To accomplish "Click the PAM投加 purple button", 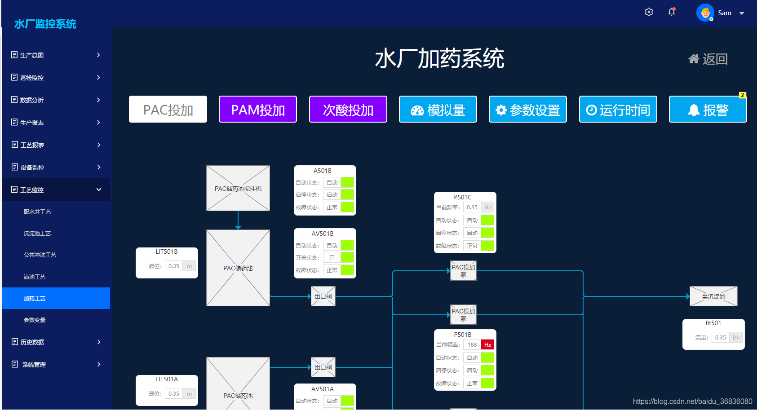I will pos(258,109).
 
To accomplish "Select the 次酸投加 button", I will pos(348,109).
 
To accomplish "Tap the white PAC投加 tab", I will pos(168,109).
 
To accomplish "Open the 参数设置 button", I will pos(527,109).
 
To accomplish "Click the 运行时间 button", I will pos(618,109).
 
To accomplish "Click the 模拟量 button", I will pos(438,109).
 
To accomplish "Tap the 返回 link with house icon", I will pos(708,59).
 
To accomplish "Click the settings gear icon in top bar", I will pos(649,12).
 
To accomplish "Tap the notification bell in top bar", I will pos(672,12).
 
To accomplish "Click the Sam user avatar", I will pos(705,13).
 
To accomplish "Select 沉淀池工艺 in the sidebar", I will pos(37,234).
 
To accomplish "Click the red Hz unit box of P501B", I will pos(487,345).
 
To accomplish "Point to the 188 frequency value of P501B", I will pos(472,345).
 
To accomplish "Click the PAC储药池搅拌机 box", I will pos(238,188).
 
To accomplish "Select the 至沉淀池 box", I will pos(713,296).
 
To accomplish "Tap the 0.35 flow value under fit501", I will pos(721,338).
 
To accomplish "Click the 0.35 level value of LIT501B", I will pos(174,266).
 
